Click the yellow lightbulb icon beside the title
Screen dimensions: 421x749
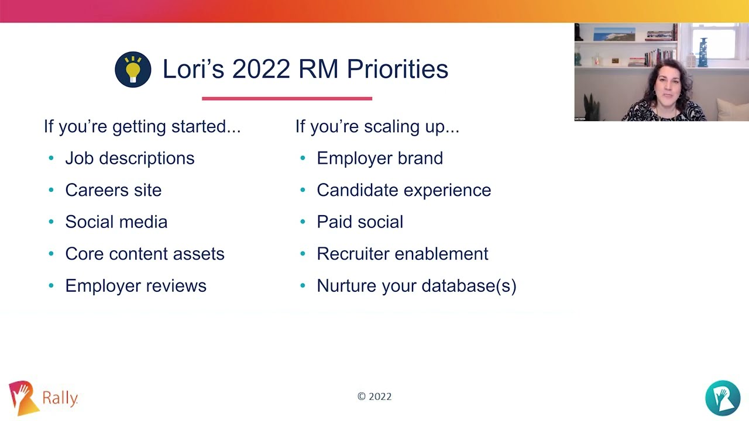133,70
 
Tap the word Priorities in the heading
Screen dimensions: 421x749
397,69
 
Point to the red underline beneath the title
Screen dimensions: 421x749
287,98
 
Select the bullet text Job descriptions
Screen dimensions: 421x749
129,158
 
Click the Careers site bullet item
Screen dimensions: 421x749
113,190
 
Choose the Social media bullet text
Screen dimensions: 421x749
116,222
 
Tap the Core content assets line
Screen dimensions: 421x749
145,254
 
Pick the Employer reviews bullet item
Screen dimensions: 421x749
136,286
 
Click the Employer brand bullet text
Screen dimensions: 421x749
380,158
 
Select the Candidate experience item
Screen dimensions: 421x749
404,190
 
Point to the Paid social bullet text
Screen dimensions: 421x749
360,222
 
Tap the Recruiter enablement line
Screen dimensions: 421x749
402,254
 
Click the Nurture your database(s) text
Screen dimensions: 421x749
416,286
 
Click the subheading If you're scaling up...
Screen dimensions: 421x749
377,126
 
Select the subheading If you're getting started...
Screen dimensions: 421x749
142,126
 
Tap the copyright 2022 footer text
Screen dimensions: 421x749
374,396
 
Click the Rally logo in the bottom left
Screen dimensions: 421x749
43,398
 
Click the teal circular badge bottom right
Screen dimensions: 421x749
723,398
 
